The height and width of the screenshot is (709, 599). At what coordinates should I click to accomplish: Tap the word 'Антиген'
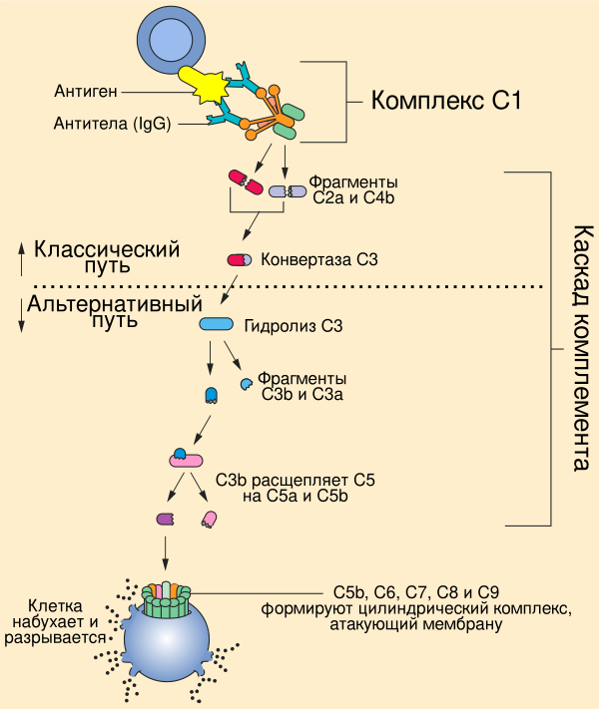[x=86, y=92]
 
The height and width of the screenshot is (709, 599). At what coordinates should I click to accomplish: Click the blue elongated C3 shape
[x=216, y=324]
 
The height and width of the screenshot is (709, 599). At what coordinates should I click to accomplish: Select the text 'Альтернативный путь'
[x=115, y=310]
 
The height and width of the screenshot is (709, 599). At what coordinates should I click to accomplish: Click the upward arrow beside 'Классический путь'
[x=21, y=258]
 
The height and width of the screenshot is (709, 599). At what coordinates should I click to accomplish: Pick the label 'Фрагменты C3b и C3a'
[x=301, y=388]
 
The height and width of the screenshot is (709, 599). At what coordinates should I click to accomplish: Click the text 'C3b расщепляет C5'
[x=295, y=488]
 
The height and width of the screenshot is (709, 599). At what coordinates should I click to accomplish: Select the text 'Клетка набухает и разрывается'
[x=68, y=622]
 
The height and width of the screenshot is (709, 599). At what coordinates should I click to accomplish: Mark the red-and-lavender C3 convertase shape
[x=240, y=260]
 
